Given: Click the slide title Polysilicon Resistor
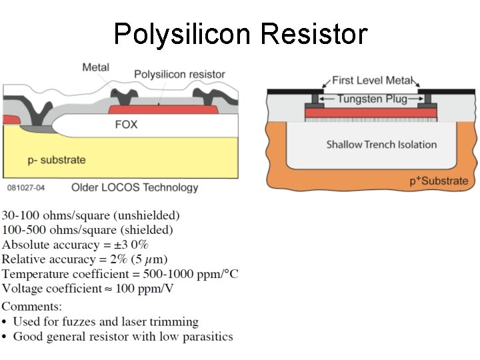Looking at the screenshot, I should tap(240, 33).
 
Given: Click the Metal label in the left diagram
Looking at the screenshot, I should tap(96, 67).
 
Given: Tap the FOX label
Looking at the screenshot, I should tap(126, 124).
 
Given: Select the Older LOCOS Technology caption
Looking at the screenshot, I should tap(135, 187).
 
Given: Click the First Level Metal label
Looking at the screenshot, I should tap(372, 81).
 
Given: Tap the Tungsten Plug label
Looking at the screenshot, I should tap(372, 99).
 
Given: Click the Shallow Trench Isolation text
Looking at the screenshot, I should tap(381, 144).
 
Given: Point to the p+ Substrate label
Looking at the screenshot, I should tap(439, 181).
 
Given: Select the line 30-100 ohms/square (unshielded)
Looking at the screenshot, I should tap(91, 215).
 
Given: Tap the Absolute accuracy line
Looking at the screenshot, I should tap(75, 245).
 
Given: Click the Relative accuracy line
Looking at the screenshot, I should tap(85, 259).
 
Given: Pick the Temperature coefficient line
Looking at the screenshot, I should tap(120, 274).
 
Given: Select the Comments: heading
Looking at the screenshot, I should tap(32, 307).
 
